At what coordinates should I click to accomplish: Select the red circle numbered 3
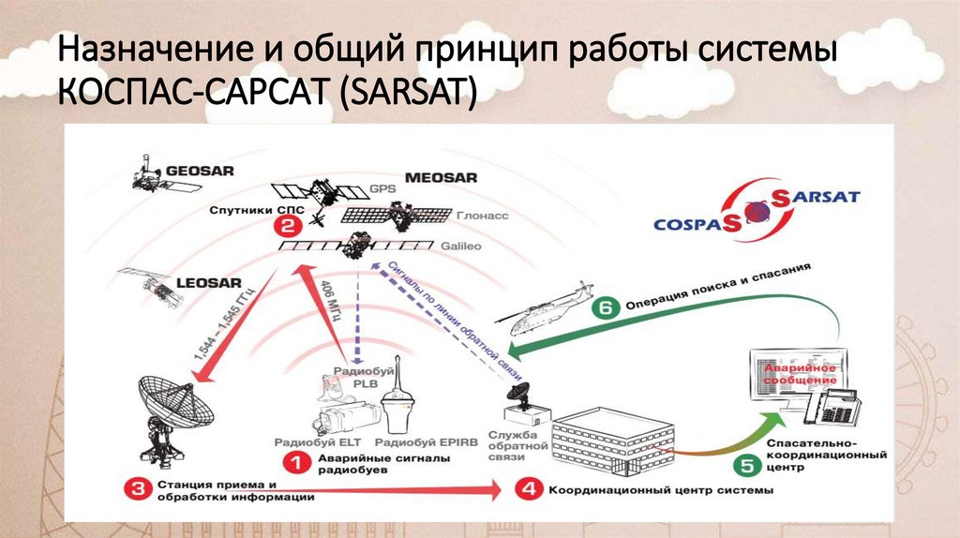[138, 489]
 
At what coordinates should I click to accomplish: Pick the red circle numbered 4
[527, 489]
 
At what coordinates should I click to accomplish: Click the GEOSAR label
[200, 172]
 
